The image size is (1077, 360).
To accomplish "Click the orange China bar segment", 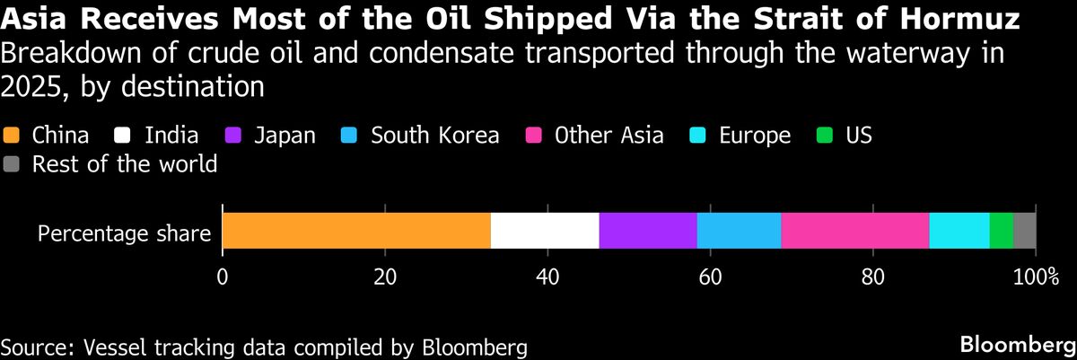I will tap(356, 231).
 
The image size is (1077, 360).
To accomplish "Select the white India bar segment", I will tap(545, 231).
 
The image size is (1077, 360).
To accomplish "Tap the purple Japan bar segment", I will tap(648, 231).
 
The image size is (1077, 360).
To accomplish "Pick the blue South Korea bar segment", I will tap(739, 231).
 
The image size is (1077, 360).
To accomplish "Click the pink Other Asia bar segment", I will tap(855, 231).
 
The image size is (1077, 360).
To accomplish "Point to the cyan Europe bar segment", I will tap(959, 231).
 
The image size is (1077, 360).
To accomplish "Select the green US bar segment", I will tap(1001, 231).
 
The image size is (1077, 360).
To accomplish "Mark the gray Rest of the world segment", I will tap(1024, 231).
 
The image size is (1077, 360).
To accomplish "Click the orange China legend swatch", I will tap(12, 136).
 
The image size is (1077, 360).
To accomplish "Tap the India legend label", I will tap(172, 136).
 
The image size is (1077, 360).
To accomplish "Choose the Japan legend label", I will tap(285, 136).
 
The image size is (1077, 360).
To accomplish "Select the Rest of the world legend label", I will tap(124, 164).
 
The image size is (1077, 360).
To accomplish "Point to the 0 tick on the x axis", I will tap(222, 276).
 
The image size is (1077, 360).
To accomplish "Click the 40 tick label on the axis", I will tap(547, 276).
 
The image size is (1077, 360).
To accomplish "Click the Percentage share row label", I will tap(124, 234).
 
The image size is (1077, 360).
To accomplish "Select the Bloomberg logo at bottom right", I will tap(1011, 345).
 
